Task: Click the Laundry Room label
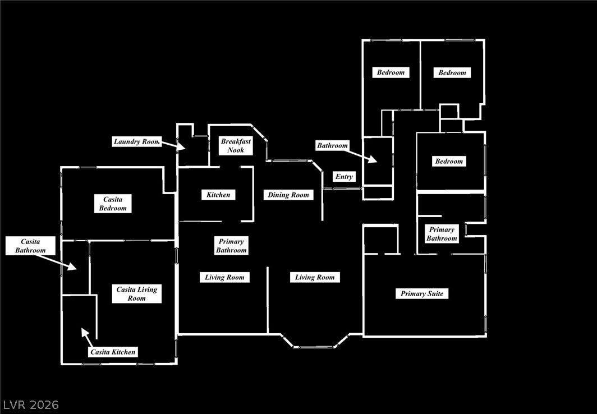(x=137, y=141)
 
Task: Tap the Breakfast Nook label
(x=236, y=146)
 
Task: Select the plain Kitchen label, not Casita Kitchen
(x=218, y=195)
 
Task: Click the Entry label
(x=344, y=177)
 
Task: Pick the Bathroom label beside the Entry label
(x=333, y=145)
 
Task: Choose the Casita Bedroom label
(x=113, y=204)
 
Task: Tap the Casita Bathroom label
(x=30, y=246)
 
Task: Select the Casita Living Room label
(x=137, y=294)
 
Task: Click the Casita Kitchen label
(x=113, y=352)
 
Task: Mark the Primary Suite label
(x=422, y=293)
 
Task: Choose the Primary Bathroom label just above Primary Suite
(x=442, y=234)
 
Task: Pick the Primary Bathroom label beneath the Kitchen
(x=231, y=246)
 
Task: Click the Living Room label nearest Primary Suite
(x=315, y=277)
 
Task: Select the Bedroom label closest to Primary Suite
(x=449, y=161)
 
